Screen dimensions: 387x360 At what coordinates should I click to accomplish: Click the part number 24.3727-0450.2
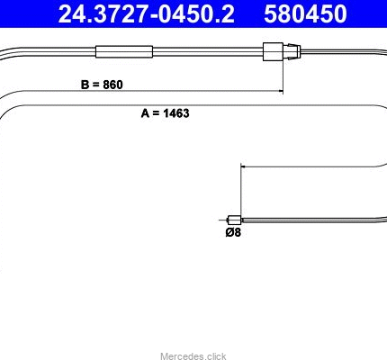pyautogui.click(x=146, y=13)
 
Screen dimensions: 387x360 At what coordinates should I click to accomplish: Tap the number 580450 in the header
pyautogui.click(x=305, y=13)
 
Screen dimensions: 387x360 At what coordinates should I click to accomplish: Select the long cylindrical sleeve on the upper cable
pyautogui.click(x=124, y=51)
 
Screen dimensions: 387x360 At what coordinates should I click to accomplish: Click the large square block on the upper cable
pyautogui.click(x=273, y=52)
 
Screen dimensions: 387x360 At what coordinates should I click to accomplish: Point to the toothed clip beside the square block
pyautogui.click(x=292, y=51)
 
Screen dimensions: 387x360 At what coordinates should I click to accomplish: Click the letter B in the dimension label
pyautogui.click(x=85, y=85)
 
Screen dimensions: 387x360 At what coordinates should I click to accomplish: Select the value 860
pyautogui.click(x=112, y=85)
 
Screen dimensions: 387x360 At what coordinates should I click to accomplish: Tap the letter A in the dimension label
pyautogui.click(x=146, y=113)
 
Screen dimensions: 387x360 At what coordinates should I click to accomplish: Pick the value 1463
pyautogui.click(x=176, y=113)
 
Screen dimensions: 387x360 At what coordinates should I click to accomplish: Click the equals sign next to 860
pyautogui.click(x=96, y=85)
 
